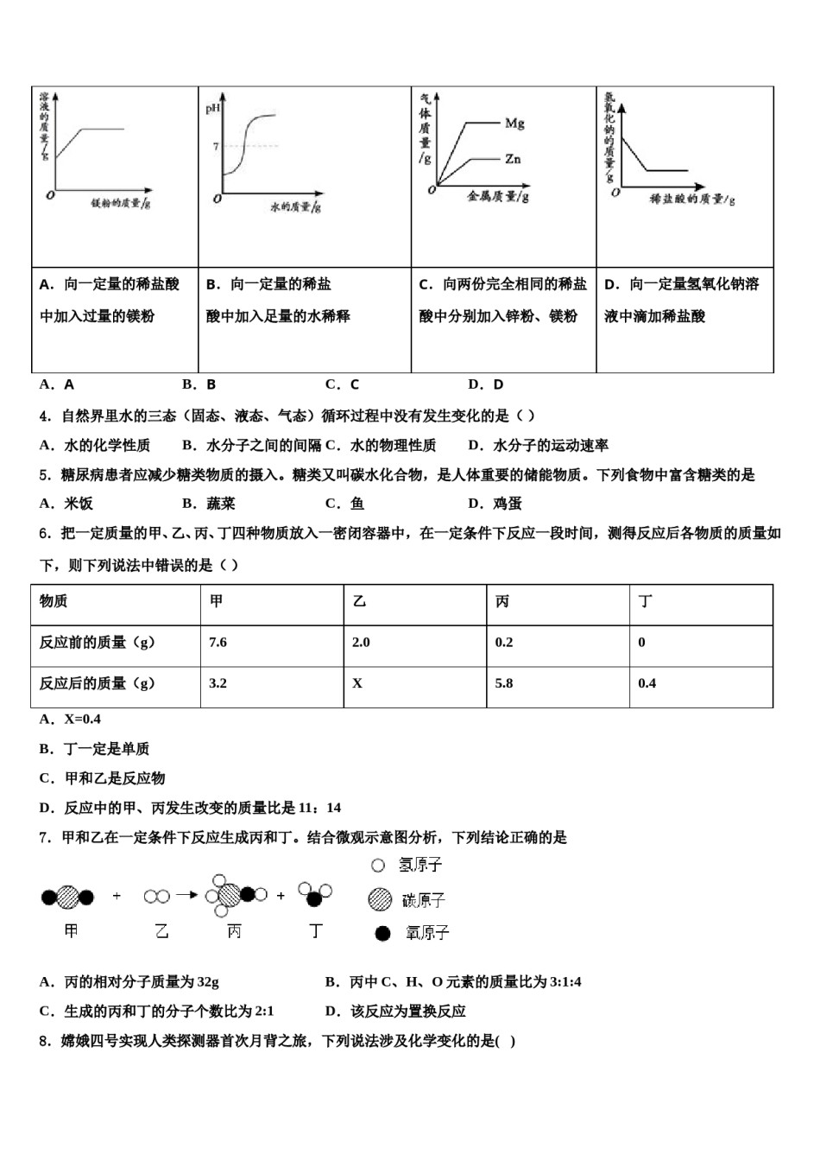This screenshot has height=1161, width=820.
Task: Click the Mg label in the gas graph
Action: pos(514,124)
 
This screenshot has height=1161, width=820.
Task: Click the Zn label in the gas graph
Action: pos(513,159)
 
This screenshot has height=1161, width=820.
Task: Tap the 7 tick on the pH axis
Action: pos(216,147)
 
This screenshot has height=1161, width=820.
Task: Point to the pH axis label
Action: pos(212,109)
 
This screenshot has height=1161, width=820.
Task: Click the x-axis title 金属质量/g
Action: pos(498,196)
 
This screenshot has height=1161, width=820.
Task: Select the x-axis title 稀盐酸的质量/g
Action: pos(692,200)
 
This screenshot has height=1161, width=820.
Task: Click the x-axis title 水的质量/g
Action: pos(295,207)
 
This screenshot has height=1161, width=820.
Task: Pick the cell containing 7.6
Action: pos(218,643)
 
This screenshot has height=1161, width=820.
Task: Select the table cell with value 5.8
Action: pos(504,683)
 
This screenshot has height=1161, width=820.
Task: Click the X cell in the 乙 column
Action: pos(357,683)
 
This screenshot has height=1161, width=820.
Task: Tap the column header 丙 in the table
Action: pos(502,601)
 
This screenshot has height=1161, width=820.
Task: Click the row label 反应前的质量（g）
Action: pos(98,643)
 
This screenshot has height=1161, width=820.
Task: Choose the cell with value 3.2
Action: pos(218,683)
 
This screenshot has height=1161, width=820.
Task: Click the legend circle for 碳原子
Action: pos(378,900)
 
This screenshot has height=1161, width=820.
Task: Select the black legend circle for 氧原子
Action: pos(383,933)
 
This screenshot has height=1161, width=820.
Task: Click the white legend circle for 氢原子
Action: pos(377,865)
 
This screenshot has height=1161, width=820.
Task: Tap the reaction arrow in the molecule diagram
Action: pos(186,896)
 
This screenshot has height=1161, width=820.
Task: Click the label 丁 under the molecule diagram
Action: pos(316,931)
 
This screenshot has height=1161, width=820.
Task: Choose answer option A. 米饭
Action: pos(66,504)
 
